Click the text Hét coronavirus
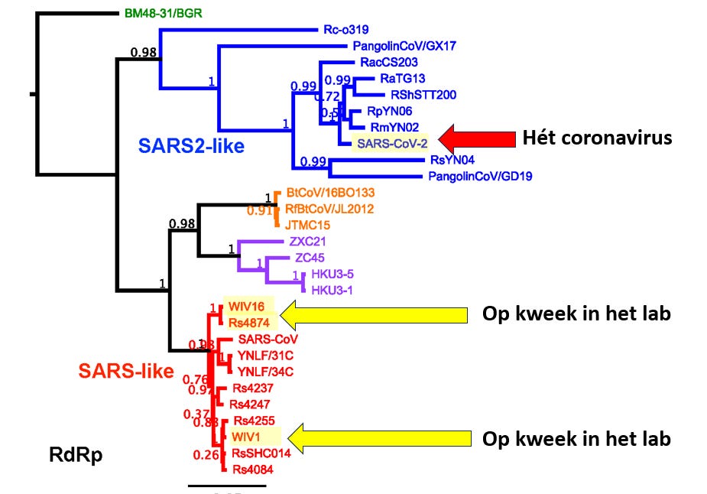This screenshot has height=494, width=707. click(x=597, y=138)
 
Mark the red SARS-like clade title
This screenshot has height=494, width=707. click(x=126, y=372)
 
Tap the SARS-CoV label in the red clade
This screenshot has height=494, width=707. click(x=267, y=339)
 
